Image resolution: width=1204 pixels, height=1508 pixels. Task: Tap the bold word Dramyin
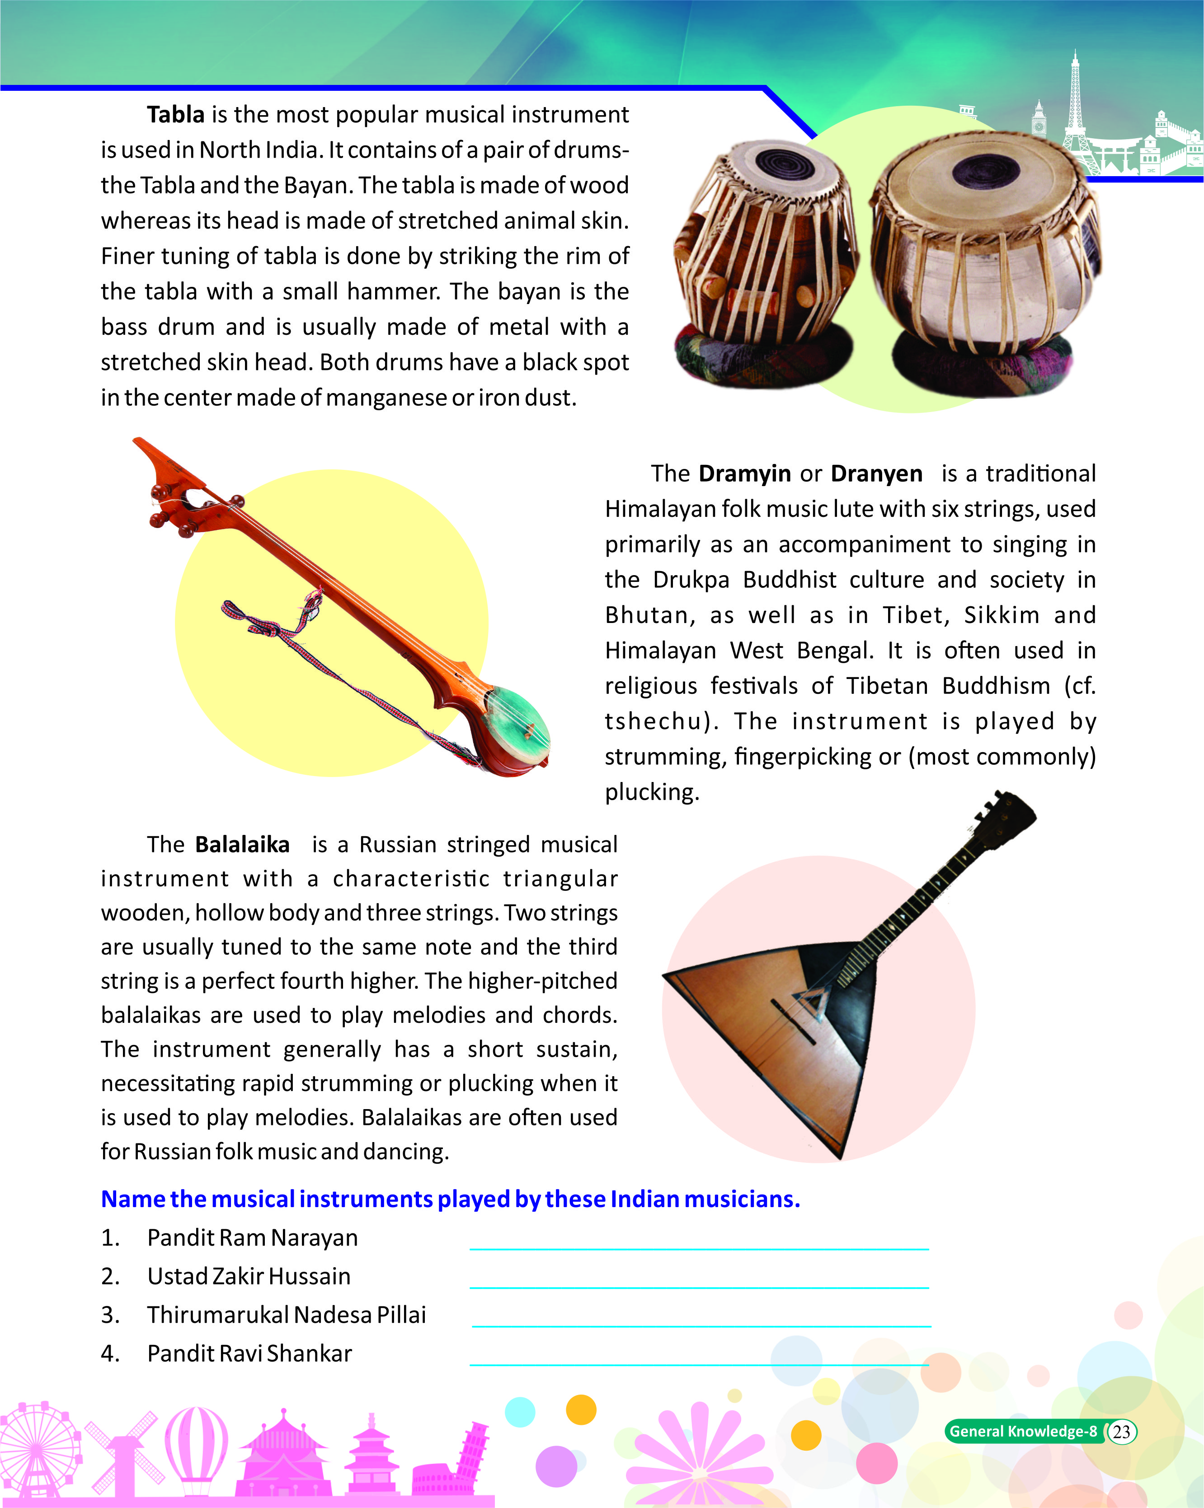(x=744, y=473)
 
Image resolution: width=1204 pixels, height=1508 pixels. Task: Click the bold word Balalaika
(x=242, y=844)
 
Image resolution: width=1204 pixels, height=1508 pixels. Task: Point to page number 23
(x=1121, y=1432)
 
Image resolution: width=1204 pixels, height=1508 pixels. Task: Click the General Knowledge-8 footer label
(x=1022, y=1432)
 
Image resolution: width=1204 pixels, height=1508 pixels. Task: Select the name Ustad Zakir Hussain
(x=249, y=1277)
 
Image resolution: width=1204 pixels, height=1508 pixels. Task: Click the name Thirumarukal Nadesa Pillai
(x=286, y=1315)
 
